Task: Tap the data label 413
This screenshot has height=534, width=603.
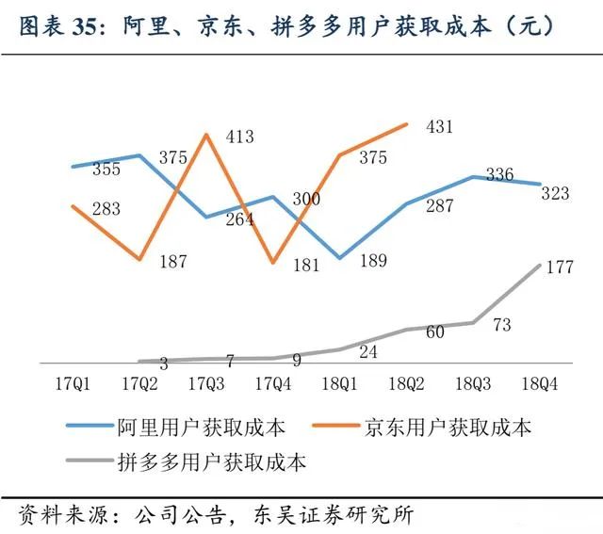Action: click(x=240, y=138)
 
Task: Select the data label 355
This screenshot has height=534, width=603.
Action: click(x=106, y=170)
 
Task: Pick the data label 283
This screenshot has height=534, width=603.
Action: click(x=106, y=210)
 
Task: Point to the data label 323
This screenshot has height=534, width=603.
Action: click(x=555, y=193)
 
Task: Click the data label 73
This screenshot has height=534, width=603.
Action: click(x=502, y=326)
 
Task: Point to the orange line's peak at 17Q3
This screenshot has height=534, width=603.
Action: click(x=206, y=135)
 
